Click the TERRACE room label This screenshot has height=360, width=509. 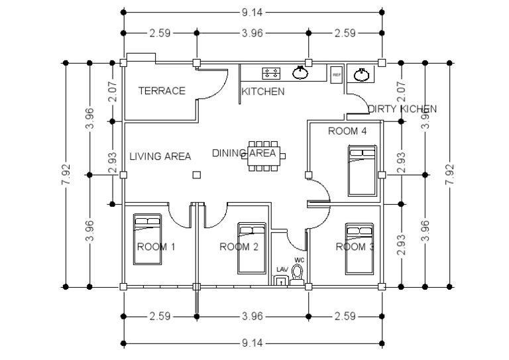(x=161, y=91)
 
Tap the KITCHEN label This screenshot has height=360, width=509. (x=262, y=91)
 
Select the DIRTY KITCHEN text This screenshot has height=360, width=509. (x=402, y=108)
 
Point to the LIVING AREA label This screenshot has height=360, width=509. (x=160, y=156)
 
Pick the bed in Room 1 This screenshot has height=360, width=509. (x=147, y=243)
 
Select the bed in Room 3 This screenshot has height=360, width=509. (x=359, y=248)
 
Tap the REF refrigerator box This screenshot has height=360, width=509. (x=336, y=74)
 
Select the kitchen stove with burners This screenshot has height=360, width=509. (x=272, y=73)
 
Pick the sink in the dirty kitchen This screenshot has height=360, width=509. (x=362, y=74)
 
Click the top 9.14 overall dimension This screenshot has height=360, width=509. (x=253, y=11)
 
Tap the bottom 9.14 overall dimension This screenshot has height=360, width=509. (x=253, y=343)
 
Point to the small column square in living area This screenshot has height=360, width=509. (x=196, y=175)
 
